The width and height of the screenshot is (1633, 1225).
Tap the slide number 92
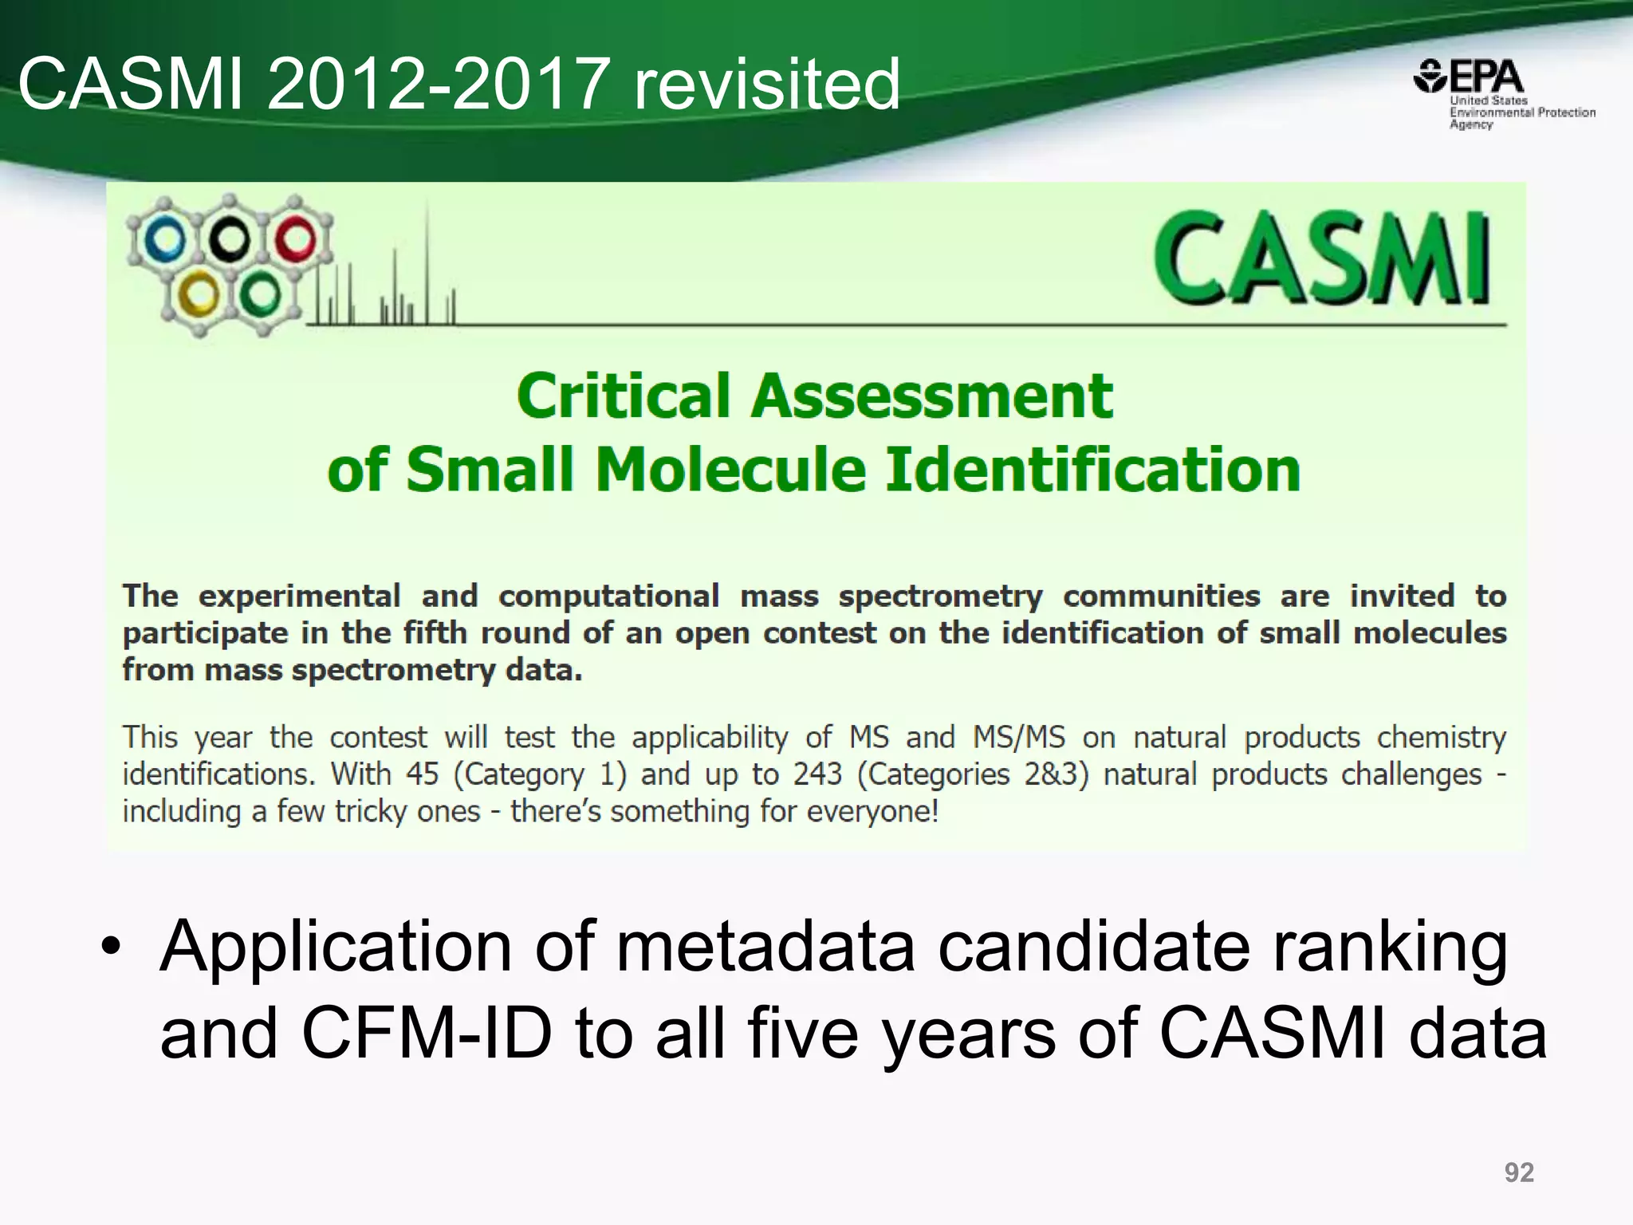tap(1518, 1172)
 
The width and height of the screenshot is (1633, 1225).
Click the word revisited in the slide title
tap(765, 84)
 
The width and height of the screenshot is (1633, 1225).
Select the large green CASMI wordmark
tap(1321, 258)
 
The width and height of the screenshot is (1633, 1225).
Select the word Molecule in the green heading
tap(730, 470)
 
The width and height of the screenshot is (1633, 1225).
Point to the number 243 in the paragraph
tap(816, 774)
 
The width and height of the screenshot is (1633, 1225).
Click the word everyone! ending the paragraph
tap(872, 812)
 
